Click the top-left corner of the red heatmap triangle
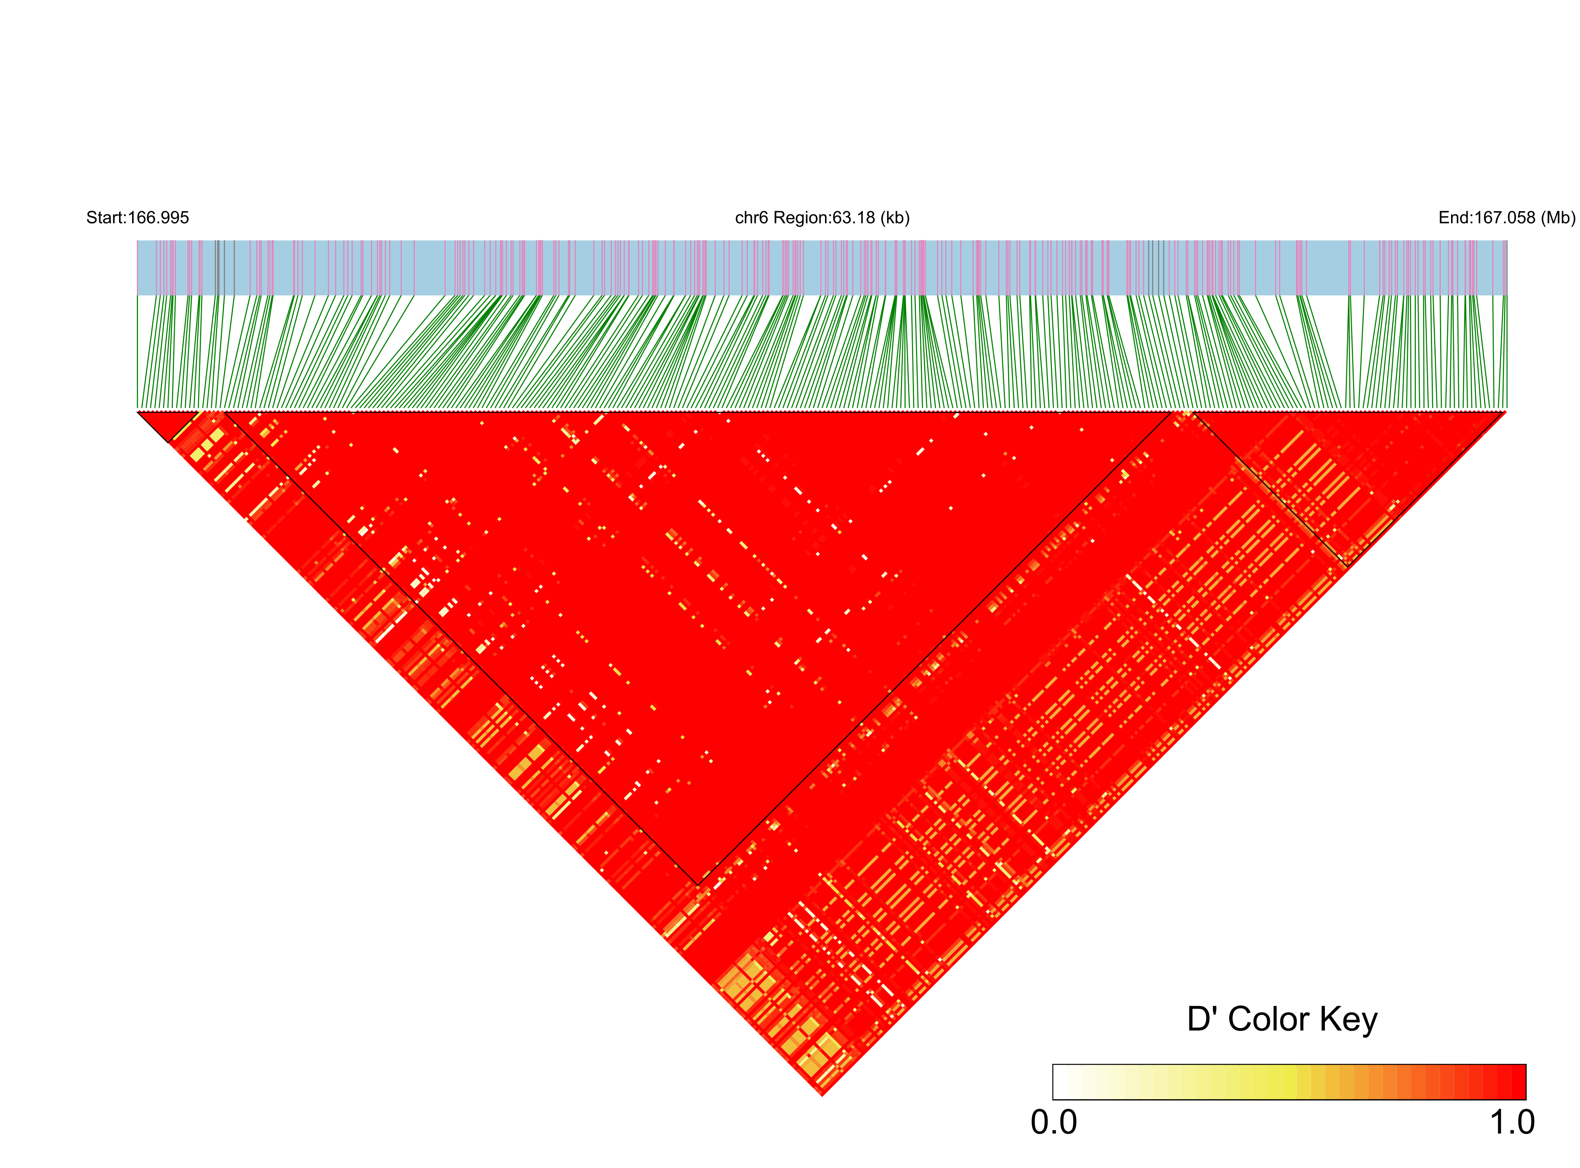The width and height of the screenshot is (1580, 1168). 138,411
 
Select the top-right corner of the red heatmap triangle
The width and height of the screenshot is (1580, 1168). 1506,411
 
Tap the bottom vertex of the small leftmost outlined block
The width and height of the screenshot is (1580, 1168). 170,442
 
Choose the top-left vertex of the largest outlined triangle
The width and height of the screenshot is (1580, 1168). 224,411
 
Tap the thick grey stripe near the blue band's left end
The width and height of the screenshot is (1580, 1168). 217,267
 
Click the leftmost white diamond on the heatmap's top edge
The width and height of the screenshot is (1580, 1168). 353,411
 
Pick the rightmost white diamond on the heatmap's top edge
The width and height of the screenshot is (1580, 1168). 1060,411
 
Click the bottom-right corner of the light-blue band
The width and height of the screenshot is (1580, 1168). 1506,294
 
